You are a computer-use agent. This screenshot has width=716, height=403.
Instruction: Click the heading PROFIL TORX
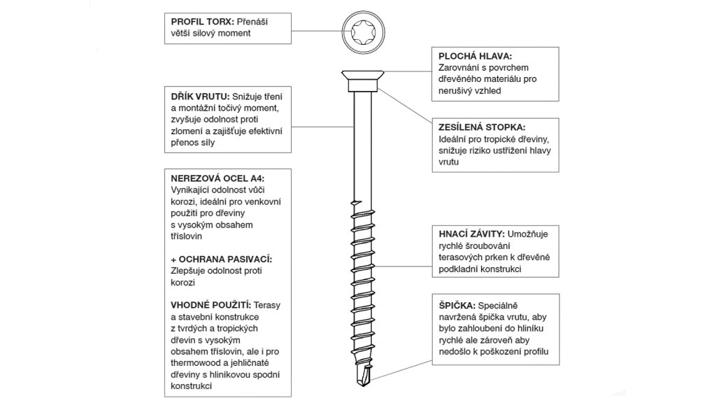203,22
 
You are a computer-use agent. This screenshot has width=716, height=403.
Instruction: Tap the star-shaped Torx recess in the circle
363,31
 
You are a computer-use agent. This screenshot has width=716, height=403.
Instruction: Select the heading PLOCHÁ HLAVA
475,56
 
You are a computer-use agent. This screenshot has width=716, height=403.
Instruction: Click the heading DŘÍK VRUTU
200,97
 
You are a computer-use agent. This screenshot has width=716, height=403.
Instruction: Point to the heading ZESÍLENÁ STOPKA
482,127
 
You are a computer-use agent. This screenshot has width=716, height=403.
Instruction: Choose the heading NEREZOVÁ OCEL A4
217,178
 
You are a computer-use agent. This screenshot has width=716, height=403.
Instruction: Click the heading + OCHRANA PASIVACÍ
222,259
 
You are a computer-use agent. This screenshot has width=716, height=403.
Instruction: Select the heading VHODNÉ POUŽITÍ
211,305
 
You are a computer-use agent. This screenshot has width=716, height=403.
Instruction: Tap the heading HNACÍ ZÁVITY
472,234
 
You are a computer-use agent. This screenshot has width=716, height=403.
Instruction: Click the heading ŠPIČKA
457,306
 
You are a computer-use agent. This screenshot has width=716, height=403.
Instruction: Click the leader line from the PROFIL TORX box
317,31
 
